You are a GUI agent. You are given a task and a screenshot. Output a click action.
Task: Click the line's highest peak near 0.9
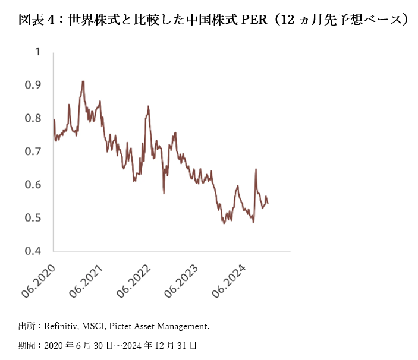point(83,81)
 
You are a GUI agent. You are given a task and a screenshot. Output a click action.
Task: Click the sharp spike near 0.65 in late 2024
point(256,169)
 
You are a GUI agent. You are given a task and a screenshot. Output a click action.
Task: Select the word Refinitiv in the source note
point(62,326)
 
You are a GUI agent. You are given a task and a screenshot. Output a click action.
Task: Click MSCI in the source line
point(95,326)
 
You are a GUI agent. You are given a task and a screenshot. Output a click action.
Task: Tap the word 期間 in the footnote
point(27,345)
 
